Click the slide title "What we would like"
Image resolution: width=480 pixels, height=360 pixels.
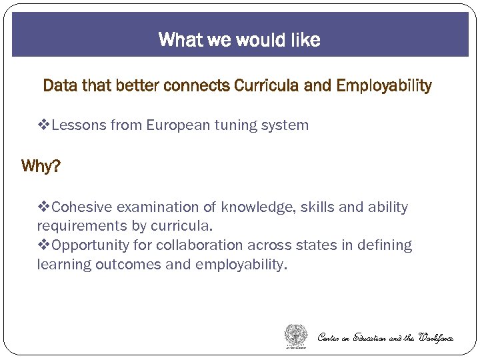pyautogui.click(x=239, y=40)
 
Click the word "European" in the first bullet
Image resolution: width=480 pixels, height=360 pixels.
pyautogui.click(x=175, y=125)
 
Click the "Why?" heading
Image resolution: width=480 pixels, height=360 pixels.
pyautogui.click(x=41, y=166)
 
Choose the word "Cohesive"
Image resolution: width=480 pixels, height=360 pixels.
pyautogui.click(x=81, y=207)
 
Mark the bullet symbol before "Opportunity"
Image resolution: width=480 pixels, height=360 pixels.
pyautogui.click(x=44, y=245)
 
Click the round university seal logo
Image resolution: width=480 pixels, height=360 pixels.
pyautogui.click(x=297, y=335)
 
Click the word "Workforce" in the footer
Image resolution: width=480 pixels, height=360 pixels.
pyautogui.click(x=435, y=338)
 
